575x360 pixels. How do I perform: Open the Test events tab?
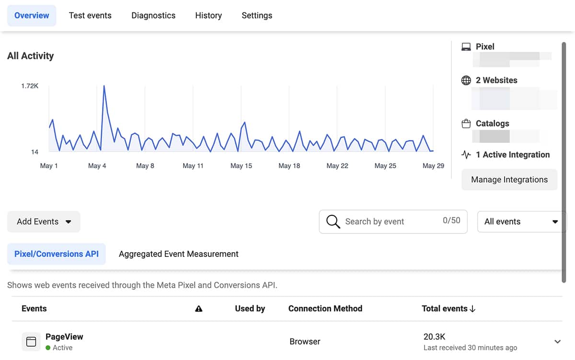(90, 15)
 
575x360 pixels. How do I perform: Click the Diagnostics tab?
(153, 15)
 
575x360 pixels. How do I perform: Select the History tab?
(208, 15)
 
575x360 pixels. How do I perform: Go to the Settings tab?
(257, 15)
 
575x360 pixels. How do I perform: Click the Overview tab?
(32, 15)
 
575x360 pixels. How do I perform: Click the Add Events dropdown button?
(44, 221)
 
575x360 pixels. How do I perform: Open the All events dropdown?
(521, 221)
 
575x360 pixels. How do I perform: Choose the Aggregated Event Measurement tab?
(178, 254)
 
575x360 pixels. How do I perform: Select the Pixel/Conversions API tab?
(57, 254)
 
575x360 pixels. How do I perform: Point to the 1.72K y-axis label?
(30, 86)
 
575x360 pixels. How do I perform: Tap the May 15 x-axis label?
(241, 166)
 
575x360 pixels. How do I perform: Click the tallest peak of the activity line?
(104, 86)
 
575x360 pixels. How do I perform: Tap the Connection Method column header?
(325, 309)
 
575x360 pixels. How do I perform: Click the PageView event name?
(64, 337)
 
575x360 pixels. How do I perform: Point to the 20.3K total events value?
(435, 337)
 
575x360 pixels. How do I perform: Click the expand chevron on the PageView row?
(557, 342)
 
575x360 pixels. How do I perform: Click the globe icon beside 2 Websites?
(466, 81)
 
